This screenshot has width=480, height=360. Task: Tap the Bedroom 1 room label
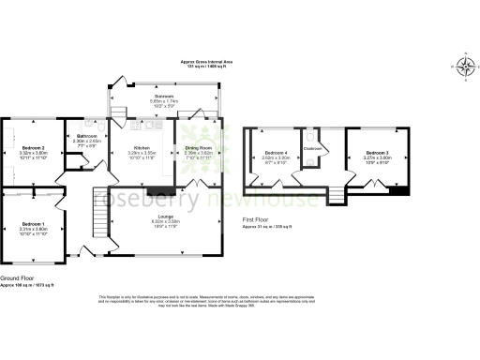34,223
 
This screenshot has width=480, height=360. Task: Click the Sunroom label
165,96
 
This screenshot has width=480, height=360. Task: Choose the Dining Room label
197,147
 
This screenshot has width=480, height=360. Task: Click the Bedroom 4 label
275,152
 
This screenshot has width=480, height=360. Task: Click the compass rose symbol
466,66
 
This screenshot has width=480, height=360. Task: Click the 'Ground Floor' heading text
18,278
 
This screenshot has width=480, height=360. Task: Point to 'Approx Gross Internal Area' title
207,61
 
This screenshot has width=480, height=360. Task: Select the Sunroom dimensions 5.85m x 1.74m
165,101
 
